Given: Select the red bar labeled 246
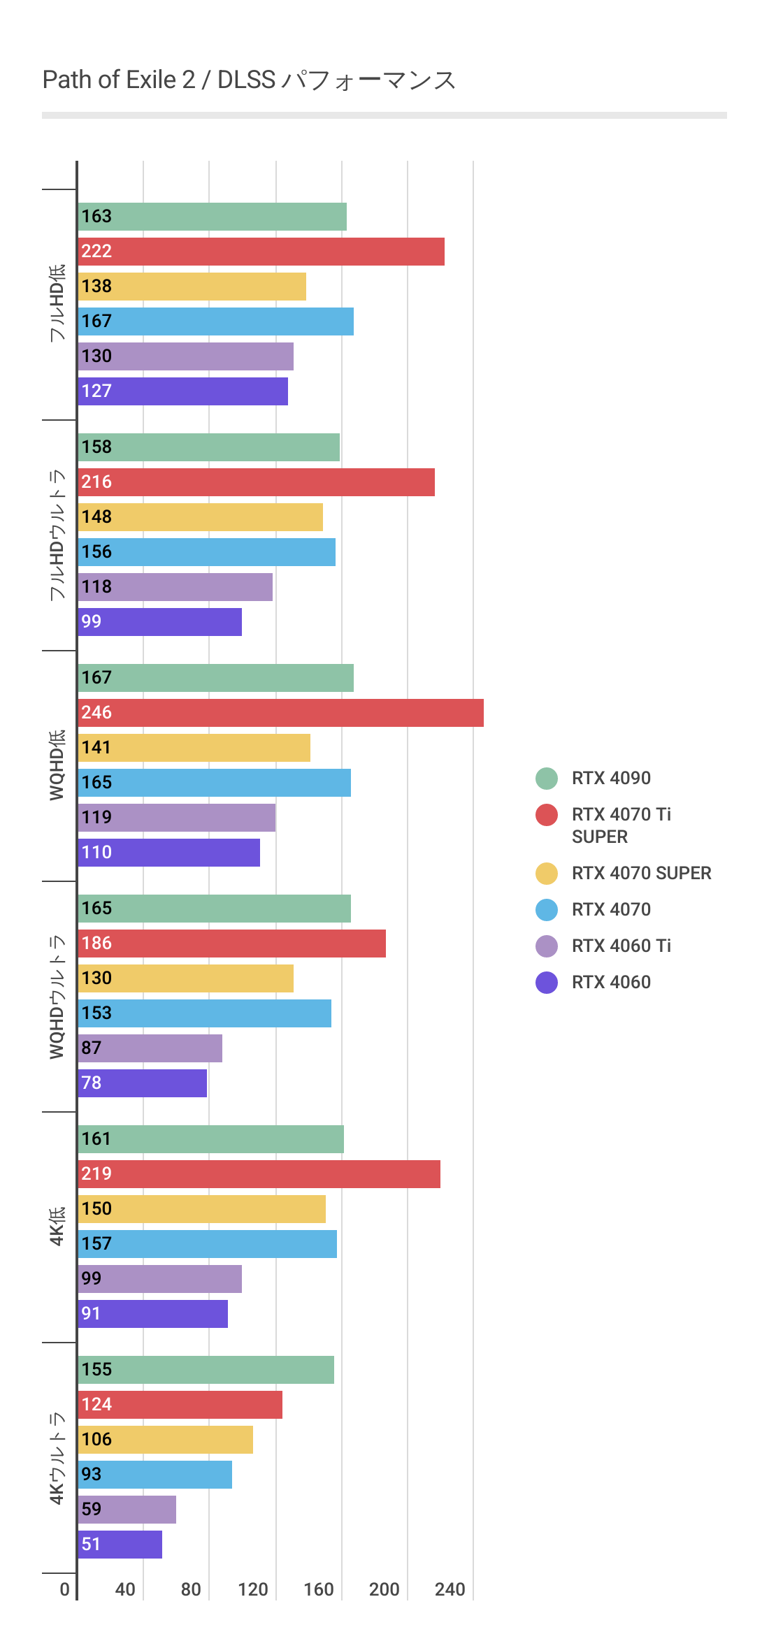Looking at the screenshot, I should [x=280, y=713].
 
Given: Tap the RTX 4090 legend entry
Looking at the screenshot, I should [x=610, y=778].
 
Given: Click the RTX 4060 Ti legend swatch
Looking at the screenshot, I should [x=547, y=946].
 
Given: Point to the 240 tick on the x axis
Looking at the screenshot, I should [x=450, y=1589].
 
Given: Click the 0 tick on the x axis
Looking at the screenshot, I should [x=64, y=1589].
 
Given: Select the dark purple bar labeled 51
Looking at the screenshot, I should [x=120, y=1545].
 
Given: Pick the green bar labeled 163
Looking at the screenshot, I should [x=213, y=217].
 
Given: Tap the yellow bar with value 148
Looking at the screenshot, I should [x=201, y=517].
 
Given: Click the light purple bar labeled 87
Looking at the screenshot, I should [x=150, y=1048].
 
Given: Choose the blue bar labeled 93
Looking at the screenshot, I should [x=155, y=1475].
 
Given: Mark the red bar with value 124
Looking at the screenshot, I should [x=180, y=1405].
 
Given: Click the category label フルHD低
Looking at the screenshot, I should [x=57, y=303].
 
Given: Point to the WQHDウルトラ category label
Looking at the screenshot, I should [x=57, y=997].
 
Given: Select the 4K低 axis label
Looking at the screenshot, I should [x=57, y=1226].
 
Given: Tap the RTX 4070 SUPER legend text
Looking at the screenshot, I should [x=641, y=873].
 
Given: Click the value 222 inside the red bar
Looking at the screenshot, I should [x=96, y=252].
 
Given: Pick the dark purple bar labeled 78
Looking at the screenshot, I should [x=143, y=1083].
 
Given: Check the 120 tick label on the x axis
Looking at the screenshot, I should [x=252, y=1589].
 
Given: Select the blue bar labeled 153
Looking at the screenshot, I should [x=205, y=1013].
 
